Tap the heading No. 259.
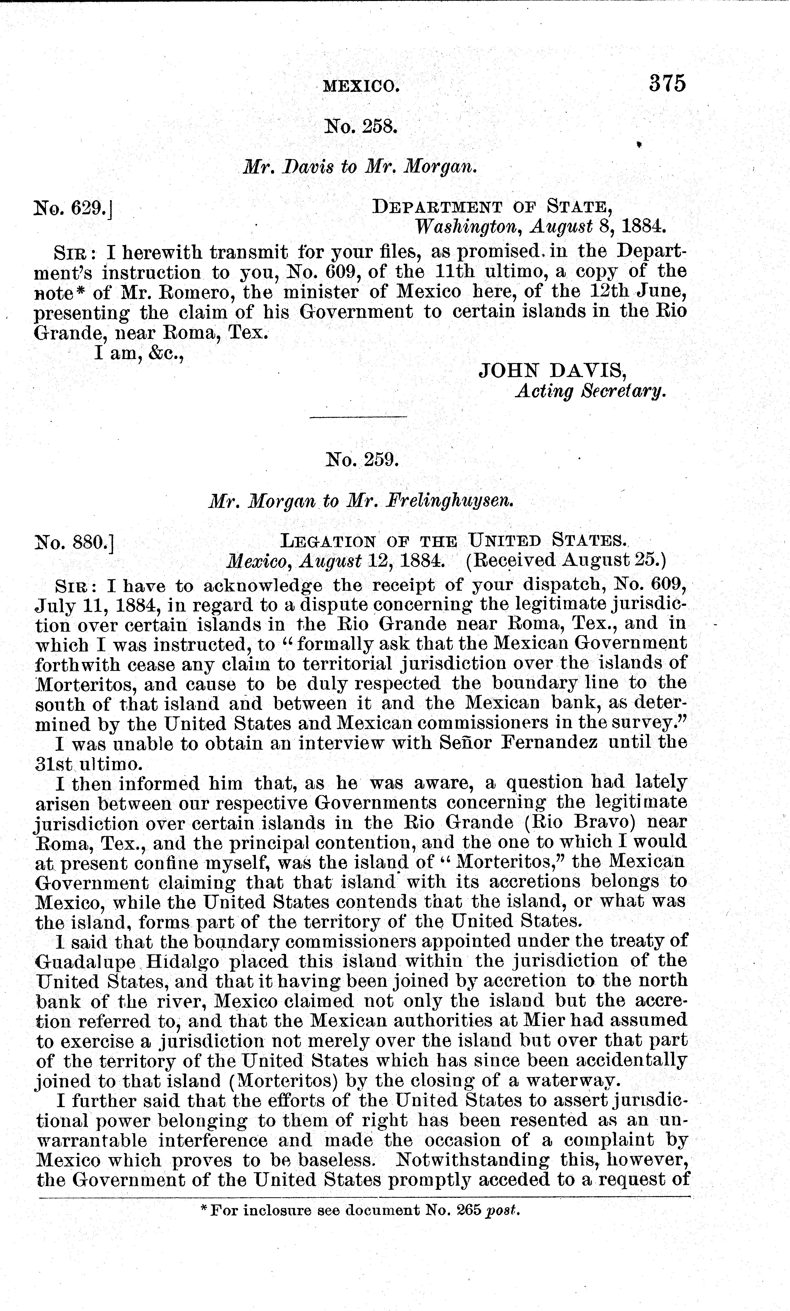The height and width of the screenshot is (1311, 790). pyautogui.click(x=362, y=459)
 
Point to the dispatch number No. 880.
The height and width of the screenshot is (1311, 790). pyautogui.click(x=74, y=543)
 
